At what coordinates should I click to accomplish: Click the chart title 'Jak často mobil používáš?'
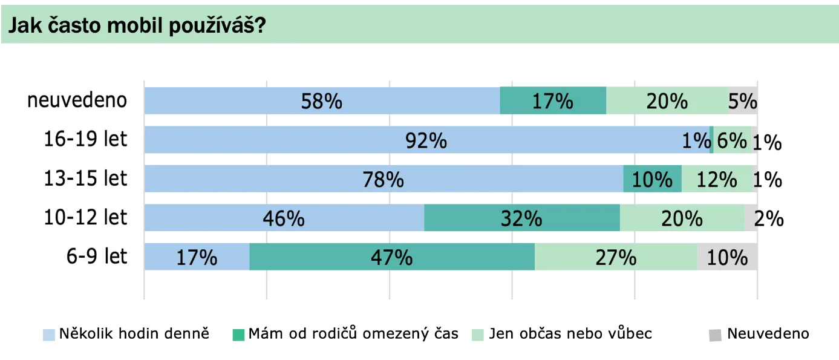tap(137, 25)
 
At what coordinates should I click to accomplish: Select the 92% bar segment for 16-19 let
tap(426, 140)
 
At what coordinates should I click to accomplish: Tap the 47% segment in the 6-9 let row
tap(392, 257)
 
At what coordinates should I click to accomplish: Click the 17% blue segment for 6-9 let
tap(197, 257)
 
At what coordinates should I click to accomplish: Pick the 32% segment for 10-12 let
tap(521, 218)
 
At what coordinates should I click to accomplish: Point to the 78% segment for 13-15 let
tap(384, 179)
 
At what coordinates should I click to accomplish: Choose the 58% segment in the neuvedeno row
tap(322, 100)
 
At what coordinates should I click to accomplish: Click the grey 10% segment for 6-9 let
tap(727, 257)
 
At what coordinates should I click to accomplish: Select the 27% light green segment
tap(616, 257)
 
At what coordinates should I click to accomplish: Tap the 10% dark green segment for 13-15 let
tap(652, 179)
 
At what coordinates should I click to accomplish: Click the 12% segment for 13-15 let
tap(717, 179)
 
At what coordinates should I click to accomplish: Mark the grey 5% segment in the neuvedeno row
tap(743, 100)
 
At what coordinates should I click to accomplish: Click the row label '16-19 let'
tap(86, 139)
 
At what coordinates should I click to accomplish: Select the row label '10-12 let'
tap(86, 217)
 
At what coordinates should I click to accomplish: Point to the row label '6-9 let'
tap(97, 256)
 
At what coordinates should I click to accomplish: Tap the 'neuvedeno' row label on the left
tap(77, 100)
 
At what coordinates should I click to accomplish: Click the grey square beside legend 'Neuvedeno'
tap(716, 335)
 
